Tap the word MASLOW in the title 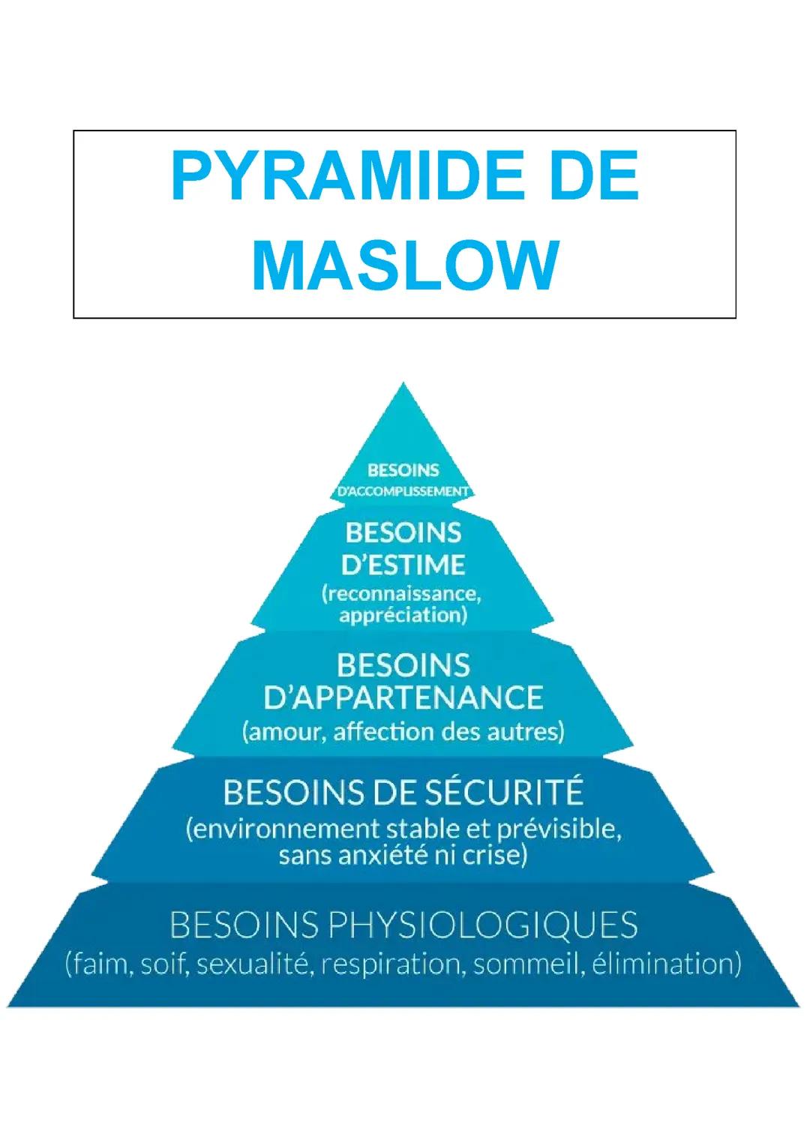click(x=405, y=267)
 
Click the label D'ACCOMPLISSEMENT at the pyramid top click(x=403, y=492)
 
